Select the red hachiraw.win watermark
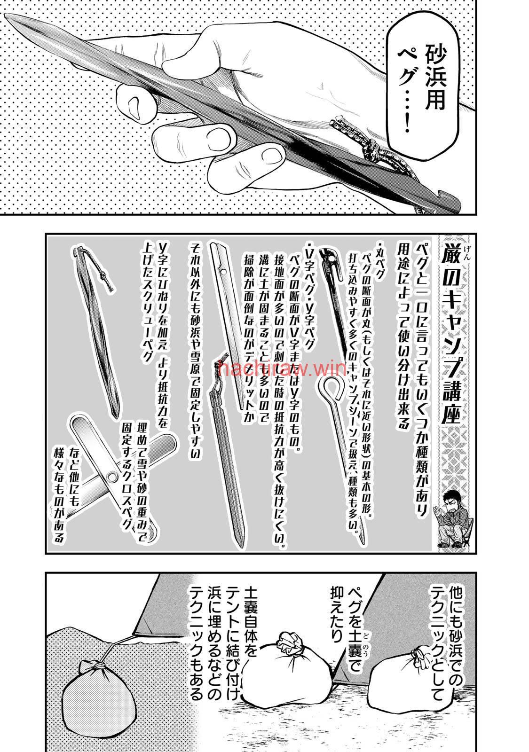coord(283,368)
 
